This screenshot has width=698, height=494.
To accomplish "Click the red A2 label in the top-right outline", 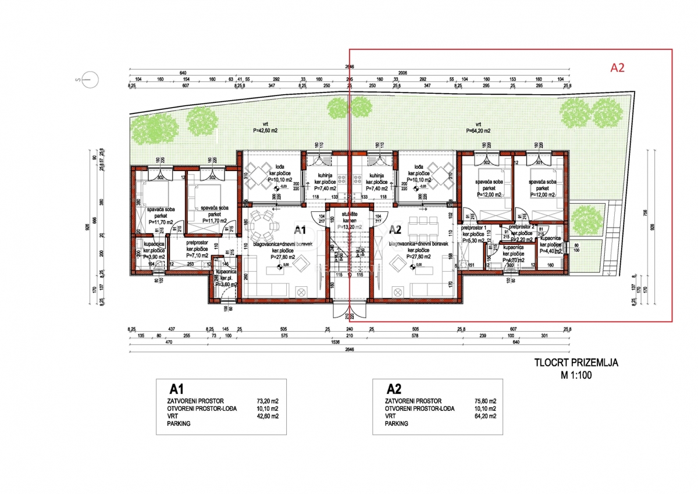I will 617,67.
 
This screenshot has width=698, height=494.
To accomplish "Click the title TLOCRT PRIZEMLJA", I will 576,363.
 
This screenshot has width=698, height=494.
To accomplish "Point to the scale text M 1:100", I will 576,375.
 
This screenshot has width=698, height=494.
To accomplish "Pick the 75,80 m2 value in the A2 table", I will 485,401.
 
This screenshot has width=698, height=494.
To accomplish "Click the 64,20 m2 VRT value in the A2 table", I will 485,416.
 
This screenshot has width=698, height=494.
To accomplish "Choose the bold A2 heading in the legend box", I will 394,389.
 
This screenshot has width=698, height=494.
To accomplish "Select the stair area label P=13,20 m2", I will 350,226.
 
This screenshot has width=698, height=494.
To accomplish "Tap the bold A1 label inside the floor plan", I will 300,229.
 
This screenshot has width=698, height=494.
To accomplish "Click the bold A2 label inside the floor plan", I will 396,229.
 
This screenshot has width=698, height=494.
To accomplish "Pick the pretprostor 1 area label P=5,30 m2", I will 472,240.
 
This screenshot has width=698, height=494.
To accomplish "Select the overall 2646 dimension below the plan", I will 349,350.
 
